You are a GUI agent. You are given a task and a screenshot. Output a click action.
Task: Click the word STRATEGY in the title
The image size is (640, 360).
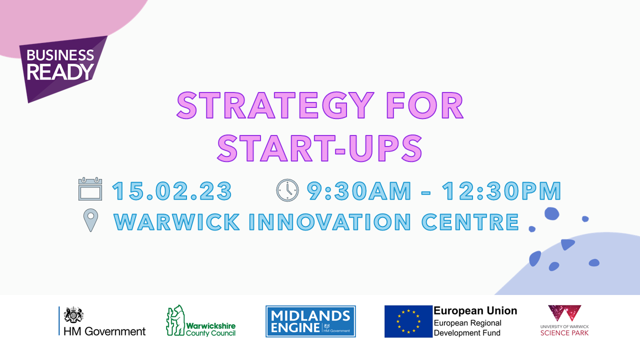pos(275,105)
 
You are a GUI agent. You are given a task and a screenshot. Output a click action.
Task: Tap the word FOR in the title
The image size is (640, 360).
pos(425,105)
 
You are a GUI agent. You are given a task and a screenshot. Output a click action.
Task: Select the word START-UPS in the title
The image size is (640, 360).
pos(319,148)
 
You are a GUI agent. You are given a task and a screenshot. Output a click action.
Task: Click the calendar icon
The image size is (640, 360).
pos(90,188)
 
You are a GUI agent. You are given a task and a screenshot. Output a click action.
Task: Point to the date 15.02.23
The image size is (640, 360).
pos(172,191)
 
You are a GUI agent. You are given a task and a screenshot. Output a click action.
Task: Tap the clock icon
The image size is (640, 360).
pos(287,190)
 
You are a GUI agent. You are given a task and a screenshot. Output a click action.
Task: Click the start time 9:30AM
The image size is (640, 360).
pos(359,191)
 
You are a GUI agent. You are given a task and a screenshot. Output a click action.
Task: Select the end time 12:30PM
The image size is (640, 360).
pos(501,191)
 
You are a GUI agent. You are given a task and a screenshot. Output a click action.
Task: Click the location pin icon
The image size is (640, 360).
pos(90,219)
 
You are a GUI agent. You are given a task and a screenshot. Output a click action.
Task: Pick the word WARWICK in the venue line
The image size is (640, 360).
pos(176,222)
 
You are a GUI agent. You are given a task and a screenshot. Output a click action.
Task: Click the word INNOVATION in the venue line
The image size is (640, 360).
pos(329,222)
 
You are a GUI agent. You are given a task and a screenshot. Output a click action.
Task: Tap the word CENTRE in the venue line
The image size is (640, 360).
pos(470,222)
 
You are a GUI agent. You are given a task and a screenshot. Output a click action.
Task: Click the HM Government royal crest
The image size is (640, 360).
pos(73,315)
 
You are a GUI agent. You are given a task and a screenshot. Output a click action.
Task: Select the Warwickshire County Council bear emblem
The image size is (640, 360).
pos(175,320)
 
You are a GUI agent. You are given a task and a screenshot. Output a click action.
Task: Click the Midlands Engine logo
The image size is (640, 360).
pos(310,321)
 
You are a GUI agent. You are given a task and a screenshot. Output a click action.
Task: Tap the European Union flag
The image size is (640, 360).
pos(408,321)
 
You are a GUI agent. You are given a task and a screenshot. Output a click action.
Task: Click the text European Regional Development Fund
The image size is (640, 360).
pos(467,327)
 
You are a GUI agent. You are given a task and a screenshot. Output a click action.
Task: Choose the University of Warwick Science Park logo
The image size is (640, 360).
pos(564,320)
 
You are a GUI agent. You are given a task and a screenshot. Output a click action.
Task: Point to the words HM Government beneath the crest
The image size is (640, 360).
pos(104,331)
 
